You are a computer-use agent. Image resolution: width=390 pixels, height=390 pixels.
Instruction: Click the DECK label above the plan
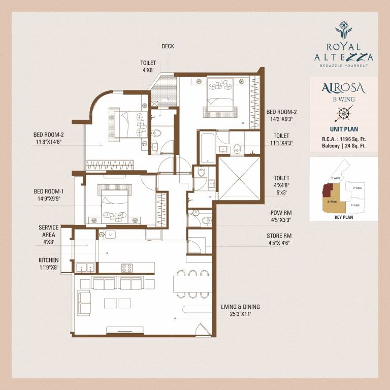click(x=168, y=46)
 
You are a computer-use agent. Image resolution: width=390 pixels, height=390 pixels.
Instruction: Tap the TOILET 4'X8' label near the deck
click(x=148, y=67)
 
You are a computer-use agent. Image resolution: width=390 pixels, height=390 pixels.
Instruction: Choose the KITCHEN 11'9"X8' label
click(x=49, y=263)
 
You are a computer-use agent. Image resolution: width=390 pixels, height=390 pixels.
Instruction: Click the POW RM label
click(x=281, y=216)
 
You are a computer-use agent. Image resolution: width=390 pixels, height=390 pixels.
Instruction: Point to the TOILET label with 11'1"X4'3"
click(x=281, y=140)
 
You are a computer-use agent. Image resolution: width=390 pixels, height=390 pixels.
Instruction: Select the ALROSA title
click(x=344, y=87)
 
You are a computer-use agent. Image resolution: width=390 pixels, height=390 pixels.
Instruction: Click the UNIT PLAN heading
click(x=344, y=129)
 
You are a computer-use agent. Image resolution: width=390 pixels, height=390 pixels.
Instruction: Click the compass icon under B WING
click(x=344, y=113)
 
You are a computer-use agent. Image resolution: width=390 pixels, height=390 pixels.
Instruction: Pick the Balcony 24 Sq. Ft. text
click(x=344, y=146)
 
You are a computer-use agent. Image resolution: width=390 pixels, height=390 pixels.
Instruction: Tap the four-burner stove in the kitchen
click(x=126, y=268)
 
